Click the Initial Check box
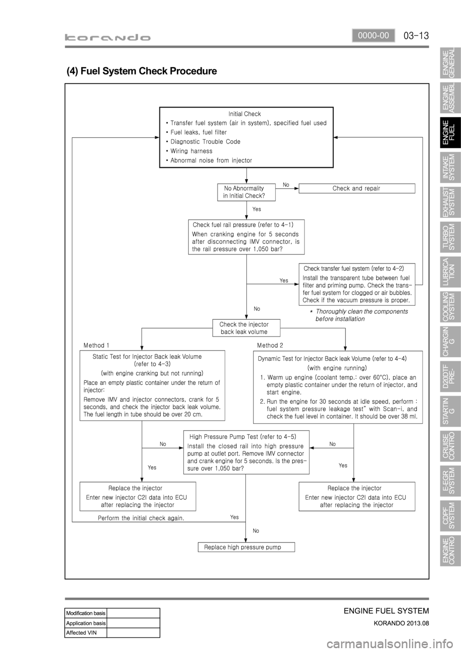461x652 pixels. coord(246,137)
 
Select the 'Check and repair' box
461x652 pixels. coord(356,188)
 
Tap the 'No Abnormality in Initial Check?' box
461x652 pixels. coord(246,192)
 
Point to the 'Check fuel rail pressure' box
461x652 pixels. coord(246,237)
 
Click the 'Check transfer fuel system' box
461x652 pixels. coord(357,284)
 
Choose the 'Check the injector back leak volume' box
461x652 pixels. coord(246,328)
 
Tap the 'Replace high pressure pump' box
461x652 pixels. coord(246,547)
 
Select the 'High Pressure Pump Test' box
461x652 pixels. coord(246,452)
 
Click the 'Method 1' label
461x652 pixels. coord(96,345)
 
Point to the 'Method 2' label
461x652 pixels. coord(270,345)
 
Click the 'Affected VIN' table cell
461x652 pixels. coord(85,632)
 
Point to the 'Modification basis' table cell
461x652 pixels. coord(85,613)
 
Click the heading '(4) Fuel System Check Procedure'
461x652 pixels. coord(142,71)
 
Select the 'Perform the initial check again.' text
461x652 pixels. coord(141,518)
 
